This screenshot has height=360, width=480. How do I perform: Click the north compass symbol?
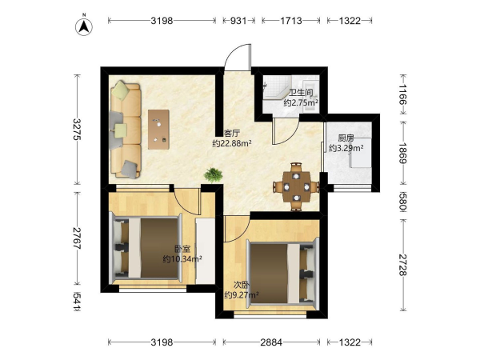click(84, 26)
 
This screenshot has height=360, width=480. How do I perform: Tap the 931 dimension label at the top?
click(238, 21)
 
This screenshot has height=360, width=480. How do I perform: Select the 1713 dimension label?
click(291, 21)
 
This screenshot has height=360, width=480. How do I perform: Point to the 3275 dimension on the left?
click(78, 129)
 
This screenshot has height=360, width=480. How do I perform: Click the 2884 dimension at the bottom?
click(271, 342)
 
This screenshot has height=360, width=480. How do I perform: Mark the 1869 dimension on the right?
click(403, 153)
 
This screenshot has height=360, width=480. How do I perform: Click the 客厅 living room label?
click(232, 134)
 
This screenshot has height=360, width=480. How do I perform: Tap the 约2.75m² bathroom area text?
click(301, 102)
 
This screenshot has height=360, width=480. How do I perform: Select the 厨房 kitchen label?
click(346, 138)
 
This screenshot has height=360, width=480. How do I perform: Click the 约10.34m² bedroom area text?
click(182, 259)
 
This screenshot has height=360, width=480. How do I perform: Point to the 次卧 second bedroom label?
click(242, 285)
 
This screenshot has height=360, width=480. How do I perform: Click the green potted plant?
click(214, 174)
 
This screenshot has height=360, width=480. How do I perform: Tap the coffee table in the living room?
click(158, 130)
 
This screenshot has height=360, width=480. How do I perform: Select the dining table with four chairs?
click(296, 186)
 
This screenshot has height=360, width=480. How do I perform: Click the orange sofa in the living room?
click(126, 130)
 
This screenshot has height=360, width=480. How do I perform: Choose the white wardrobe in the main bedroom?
click(205, 250)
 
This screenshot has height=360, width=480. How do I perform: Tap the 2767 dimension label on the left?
click(78, 238)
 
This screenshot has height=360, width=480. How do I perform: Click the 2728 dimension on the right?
click(403, 265)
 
